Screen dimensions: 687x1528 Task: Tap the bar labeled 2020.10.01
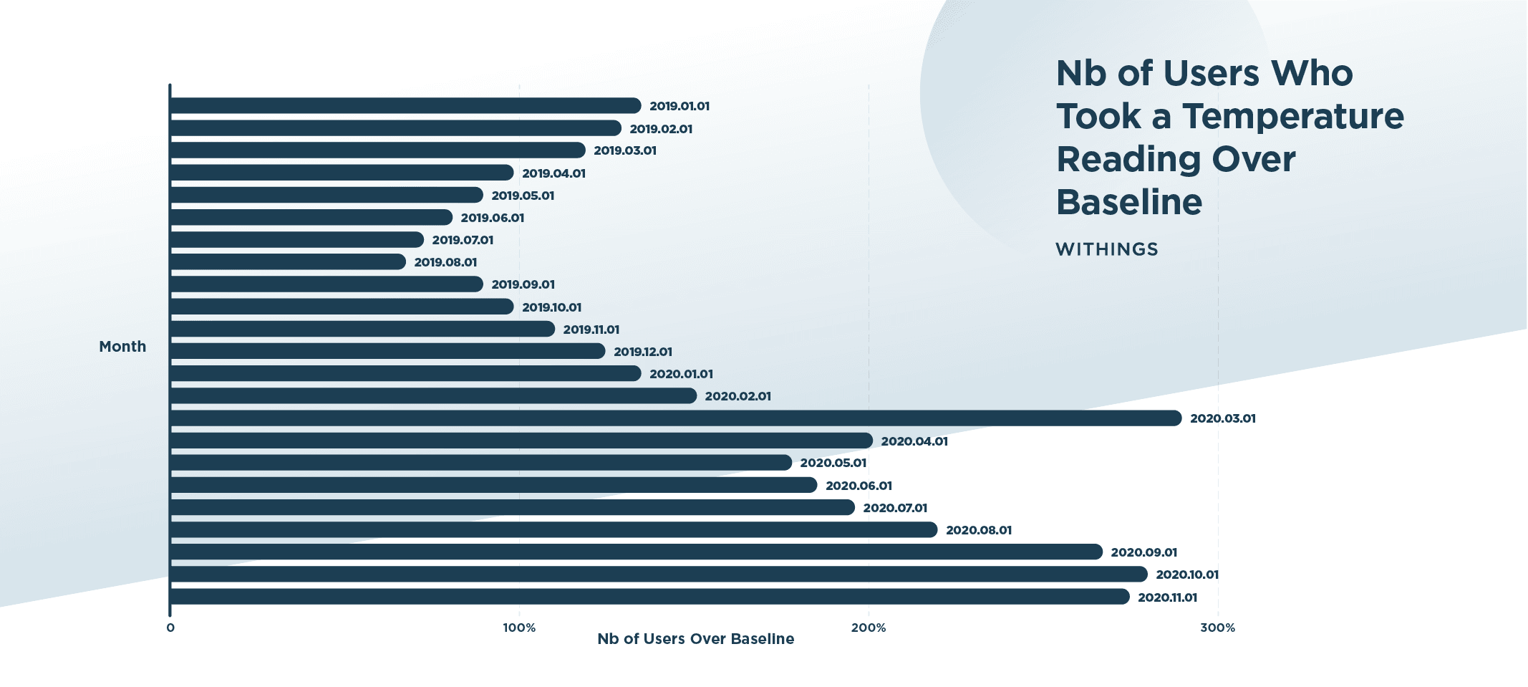(x=659, y=575)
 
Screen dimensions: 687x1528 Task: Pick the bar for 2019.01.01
(x=405, y=106)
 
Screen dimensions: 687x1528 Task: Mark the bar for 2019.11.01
(x=362, y=329)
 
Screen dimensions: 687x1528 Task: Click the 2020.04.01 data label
(x=914, y=441)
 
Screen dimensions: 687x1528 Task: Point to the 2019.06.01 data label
(x=493, y=218)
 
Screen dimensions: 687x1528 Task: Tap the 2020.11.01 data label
(x=1167, y=597)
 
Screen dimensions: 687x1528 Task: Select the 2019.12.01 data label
(x=643, y=352)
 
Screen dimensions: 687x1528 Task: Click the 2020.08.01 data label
(x=979, y=530)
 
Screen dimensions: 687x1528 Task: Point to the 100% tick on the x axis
(x=519, y=628)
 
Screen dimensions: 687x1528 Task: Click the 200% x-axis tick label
(x=869, y=628)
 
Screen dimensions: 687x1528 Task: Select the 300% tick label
(x=1218, y=628)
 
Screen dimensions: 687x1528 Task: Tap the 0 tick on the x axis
(x=170, y=628)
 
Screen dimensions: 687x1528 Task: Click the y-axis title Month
(x=122, y=347)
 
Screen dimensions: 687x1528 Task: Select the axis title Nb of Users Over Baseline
(x=696, y=639)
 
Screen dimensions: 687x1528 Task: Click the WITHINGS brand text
(x=1107, y=249)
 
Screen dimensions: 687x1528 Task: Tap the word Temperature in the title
(x=1292, y=116)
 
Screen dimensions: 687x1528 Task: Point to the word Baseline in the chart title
(x=1129, y=202)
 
